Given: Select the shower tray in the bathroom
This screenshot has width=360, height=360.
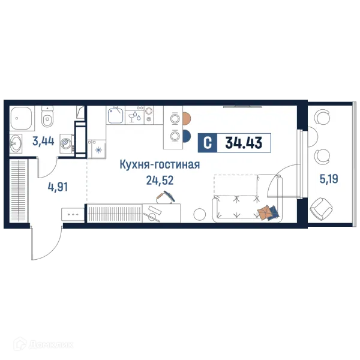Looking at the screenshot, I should pos(23,118).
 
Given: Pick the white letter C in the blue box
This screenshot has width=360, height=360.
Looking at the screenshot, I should pos(207,143).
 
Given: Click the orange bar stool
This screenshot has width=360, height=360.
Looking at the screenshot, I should pos(186,118).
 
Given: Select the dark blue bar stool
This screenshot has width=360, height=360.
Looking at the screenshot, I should pos(186,136).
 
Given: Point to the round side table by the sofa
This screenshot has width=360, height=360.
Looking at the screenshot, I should pos(200,214).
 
